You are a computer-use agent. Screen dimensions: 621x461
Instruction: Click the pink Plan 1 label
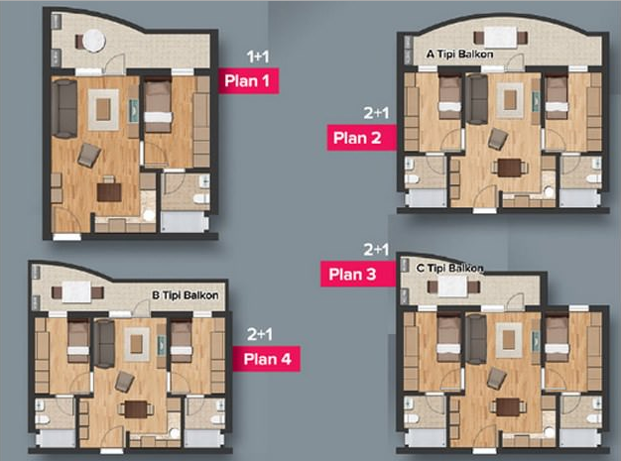(248, 80)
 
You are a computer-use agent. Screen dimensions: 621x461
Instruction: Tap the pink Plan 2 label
(361, 138)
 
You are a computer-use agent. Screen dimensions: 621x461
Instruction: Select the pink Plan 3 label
(358, 274)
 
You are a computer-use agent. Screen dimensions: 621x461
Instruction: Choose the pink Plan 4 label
(266, 359)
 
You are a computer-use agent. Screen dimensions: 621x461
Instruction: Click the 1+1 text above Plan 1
(258, 57)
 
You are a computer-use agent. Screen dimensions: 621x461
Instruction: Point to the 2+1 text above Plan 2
(376, 113)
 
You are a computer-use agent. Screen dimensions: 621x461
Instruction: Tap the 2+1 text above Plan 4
(259, 334)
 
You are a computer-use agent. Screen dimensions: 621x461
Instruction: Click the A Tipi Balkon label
(459, 54)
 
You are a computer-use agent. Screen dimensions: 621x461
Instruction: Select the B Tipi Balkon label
(185, 295)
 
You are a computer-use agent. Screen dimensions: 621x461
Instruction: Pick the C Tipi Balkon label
(450, 269)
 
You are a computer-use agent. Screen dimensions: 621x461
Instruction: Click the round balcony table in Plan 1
(94, 41)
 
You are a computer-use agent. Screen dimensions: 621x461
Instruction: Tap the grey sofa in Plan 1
(63, 108)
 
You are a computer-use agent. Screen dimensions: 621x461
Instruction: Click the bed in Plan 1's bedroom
(158, 106)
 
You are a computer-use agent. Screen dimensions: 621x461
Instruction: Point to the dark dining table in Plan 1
(109, 192)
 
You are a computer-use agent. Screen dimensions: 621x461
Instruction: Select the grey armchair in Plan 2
(497, 139)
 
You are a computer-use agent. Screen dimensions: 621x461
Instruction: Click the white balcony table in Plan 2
(501, 38)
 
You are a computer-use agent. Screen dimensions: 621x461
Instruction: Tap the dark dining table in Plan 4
(136, 409)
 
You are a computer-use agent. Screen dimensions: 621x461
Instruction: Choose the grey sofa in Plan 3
(475, 339)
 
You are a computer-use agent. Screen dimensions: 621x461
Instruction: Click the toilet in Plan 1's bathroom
(201, 198)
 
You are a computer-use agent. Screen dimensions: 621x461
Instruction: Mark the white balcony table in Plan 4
(76, 292)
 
